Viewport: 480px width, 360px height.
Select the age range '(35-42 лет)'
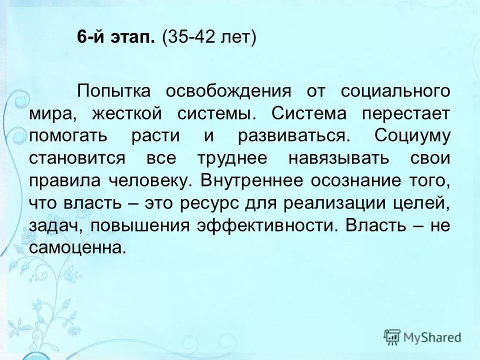click(208, 38)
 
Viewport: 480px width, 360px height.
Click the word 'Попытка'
click(120, 91)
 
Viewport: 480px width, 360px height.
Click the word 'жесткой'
click(127, 113)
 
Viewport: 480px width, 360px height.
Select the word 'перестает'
click(406, 113)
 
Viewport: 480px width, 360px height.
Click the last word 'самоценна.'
click(77, 247)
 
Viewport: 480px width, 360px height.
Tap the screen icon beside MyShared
click(392, 337)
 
